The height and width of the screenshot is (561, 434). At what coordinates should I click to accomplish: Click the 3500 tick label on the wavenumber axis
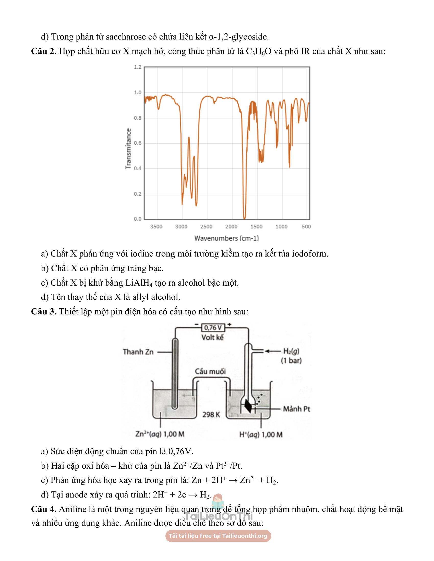coord(156,226)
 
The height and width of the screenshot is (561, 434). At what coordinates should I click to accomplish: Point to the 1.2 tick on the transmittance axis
coord(138,67)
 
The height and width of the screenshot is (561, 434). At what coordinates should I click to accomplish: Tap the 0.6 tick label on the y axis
coord(138,143)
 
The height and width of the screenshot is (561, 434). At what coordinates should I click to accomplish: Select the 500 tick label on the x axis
coord(306,226)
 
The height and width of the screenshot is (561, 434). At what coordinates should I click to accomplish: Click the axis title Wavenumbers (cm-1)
coord(226,238)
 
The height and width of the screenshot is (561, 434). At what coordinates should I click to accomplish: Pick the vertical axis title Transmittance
coord(128,149)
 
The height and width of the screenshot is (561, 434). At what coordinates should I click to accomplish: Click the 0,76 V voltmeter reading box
coord(213,328)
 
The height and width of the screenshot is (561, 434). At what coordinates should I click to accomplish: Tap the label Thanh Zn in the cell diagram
coord(138,352)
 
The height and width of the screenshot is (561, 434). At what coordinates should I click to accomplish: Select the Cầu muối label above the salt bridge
coord(210,371)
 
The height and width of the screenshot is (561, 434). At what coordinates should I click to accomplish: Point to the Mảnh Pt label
coord(296,409)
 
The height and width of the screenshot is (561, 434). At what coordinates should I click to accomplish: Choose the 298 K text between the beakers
coord(211,415)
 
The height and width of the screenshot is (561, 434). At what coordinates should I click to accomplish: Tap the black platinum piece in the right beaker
coord(248,406)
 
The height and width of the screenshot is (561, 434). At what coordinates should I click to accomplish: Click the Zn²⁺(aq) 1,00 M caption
coord(160,434)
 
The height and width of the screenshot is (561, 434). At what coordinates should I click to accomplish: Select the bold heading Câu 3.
coord(43,312)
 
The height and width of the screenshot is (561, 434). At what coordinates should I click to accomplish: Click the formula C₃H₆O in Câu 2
coord(258,51)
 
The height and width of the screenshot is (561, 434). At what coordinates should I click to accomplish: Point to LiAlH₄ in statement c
coord(139,283)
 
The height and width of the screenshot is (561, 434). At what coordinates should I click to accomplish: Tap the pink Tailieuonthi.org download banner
coord(218,536)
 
